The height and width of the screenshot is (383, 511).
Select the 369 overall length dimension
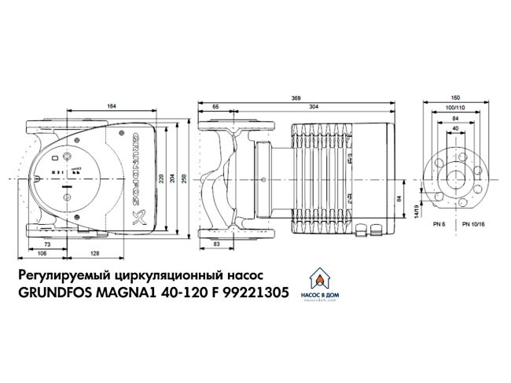tap(296, 96)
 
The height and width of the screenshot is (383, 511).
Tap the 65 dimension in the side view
tap(215, 105)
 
